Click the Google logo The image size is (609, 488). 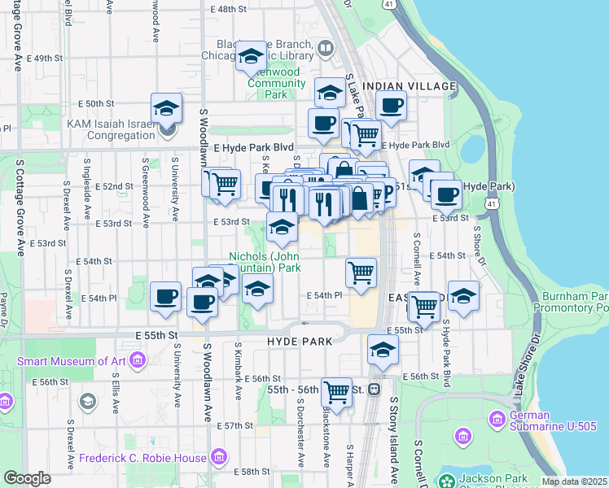click(x=27, y=478)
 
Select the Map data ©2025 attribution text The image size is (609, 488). click(x=574, y=481)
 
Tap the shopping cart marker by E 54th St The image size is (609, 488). click(x=361, y=272)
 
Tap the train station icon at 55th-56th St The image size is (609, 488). click(x=375, y=390)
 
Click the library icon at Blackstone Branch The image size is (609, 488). click(x=326, y=48)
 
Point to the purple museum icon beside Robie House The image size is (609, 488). click(x=219, y=459)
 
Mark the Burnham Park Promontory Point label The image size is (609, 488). click(x=571, y=302)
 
